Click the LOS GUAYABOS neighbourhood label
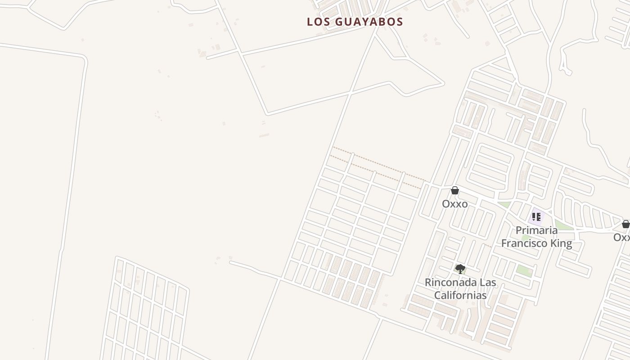(355, 22)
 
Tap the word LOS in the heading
(317, 22)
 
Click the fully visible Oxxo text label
(454, 204)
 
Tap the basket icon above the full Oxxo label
(455, 191)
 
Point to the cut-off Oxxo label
(622, 237)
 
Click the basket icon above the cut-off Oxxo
(625, 224)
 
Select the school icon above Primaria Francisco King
(536, 217)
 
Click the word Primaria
(536, 230)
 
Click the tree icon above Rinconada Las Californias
(460, 269)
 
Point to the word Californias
(460, 295)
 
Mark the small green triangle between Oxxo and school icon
(504, 205)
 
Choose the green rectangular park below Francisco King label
(523, 270)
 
